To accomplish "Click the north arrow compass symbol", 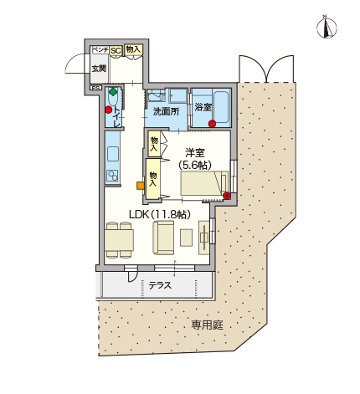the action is click(x=327, y=28).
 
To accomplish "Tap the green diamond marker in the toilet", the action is click(x=113, y=91).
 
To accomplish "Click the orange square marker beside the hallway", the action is click(x=140, y=186).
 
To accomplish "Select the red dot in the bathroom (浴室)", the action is click(x=213, y=124).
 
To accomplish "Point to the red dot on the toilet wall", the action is click(x=109, y=110).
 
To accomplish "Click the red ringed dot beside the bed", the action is click(x=227, y=196).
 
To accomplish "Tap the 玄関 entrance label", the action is click(x=100, y=69).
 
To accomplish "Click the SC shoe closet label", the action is click(x=116, y=51).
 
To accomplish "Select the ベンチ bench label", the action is click(x=100, y=49).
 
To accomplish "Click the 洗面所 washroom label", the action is click(x=167, y=111).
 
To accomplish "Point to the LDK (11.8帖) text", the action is click(x=160, y=214).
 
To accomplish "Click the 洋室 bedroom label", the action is click(x=195, y=153).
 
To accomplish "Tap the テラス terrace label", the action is click(x=160, y=285).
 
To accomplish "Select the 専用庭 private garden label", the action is click(x=207, y=325).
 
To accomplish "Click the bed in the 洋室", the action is click(x=204, y=183).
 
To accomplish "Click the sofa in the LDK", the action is click(x=163, y=238).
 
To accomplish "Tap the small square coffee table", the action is click(x=186, y=238).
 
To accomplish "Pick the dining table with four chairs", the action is click(x=120, y=240).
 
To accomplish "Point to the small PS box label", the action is click(x=95, y=88).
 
